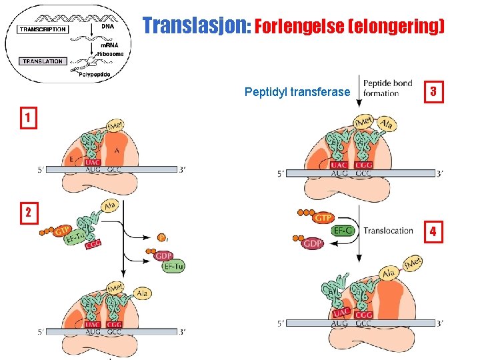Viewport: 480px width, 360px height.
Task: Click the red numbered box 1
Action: (27, 118)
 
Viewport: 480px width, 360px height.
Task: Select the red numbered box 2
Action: (27, 213)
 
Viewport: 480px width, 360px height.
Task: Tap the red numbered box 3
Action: (434, 91)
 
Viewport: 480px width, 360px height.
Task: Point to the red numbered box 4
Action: (433, 231)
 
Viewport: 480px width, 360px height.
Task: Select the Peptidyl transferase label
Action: (297, 91)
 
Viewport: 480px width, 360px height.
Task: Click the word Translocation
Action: (388, 231)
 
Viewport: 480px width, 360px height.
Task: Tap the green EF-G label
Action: (343, 231)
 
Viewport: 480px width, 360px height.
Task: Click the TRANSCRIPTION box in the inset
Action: (43, 29)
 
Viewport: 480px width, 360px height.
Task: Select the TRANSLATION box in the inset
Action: (42, 61)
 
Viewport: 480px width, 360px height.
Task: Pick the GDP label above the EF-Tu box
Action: (163, 256)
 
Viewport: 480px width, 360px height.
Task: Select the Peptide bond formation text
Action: (388, 88)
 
